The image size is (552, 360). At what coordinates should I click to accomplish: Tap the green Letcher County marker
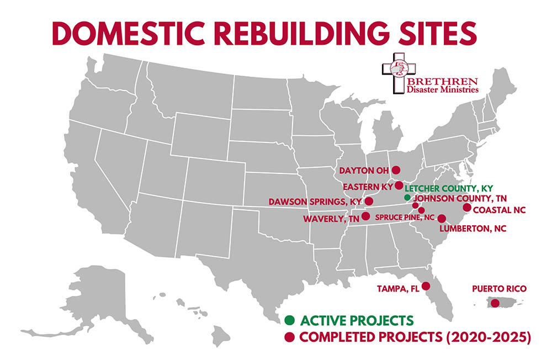click(407, 197)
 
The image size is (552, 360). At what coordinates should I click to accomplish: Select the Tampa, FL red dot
click(426, 286)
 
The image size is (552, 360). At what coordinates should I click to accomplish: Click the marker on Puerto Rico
click(495, 303)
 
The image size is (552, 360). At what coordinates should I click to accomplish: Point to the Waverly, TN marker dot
click(365, 216)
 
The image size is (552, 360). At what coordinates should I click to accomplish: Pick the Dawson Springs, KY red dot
click(369, 202)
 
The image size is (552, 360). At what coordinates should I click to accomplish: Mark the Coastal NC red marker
click(466, 208)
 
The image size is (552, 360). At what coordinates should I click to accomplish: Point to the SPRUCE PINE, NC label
click(405, 218)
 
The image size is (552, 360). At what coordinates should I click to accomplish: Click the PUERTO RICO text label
click(495, 289)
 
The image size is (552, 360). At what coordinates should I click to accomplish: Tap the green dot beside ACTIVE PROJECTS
click(289, 320)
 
